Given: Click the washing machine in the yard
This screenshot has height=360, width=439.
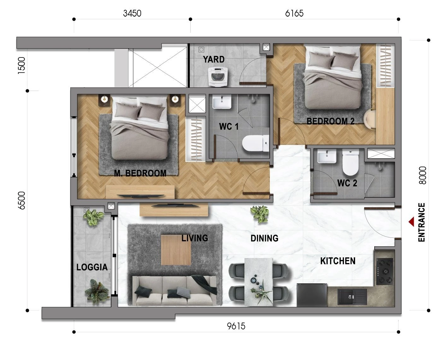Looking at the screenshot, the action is pyautogui.click(x=217, y=76).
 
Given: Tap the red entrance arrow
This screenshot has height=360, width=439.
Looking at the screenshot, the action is pyautogui.click(x=411, y=222).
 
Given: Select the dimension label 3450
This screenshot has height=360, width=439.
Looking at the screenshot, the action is pyautogui.click(x=132, y=13).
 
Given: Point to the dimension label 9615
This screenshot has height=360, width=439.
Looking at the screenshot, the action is pyautogui.click(x=236, y=326).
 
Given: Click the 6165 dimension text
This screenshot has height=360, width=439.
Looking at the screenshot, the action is pyautogui.click(x=294, y=13).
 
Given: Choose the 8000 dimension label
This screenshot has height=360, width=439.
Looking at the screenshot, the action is pyautogui.click(x=423, y=175).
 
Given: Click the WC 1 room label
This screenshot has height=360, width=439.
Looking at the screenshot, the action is pyautogui.click(x=228, y=126).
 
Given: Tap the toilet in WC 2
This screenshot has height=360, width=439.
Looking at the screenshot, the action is pyautogui.click(x=351, y=162).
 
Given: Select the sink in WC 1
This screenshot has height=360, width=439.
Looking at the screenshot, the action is pyautogui.click(x=222, y=102).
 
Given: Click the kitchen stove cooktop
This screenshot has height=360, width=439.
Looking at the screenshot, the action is pyautogui.click(x=385, y=272).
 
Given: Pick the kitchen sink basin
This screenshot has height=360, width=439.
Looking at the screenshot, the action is pyautogui.click(x=352, y=297).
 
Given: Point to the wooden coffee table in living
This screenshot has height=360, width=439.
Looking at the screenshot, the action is pyautogui.click(x=176, y=250).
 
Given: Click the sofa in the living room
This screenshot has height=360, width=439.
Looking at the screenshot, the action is pyautogui.click(x=175, y=291).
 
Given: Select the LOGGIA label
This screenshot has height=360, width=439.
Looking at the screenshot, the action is pyautogui.click(x=92, y=267).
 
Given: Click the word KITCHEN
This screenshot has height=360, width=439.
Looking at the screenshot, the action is pyautogui.click(x=338, y=261).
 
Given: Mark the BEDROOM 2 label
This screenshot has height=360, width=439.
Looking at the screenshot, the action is pyautogui.click(x=330, y=121).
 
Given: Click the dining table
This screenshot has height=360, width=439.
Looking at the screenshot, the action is pyautogui.click(x=258, y=282).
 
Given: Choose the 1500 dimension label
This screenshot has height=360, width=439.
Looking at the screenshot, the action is pyautogui.click(x=22, y=65).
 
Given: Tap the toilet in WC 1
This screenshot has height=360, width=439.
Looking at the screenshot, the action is pyautogui.click(x=256, y=143).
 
